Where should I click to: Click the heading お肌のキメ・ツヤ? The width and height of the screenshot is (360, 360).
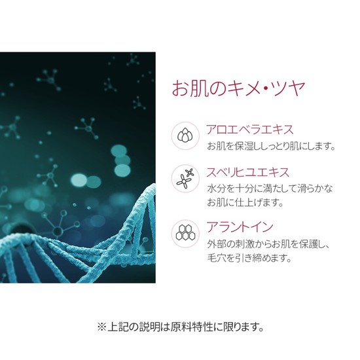point(238,88)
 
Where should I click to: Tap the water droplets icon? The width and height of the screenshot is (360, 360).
point(185,135)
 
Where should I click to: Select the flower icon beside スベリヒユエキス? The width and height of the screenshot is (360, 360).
point(185,179)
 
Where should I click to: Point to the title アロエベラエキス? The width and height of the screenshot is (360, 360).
point(250,130)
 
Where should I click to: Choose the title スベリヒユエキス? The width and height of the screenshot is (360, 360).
point(247,172)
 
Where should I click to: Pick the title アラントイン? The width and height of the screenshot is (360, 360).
point(240,226)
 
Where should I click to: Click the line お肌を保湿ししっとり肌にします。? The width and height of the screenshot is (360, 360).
point(271,146)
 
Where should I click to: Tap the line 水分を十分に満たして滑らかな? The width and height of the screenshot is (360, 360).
point(270,189)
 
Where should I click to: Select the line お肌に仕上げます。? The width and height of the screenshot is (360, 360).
point(245,202)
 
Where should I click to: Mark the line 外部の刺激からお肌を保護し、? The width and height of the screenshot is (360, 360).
point(268,244)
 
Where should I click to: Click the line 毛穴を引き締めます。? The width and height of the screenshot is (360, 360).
point(249,258)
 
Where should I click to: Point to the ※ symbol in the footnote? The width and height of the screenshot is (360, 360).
point(101,327)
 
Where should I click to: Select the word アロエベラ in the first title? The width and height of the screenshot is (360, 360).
point(234,130)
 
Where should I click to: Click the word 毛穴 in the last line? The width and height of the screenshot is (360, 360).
point(217,258)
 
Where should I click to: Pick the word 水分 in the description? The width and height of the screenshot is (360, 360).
point(217,189)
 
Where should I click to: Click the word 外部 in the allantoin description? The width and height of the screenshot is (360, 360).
point(217,244)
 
